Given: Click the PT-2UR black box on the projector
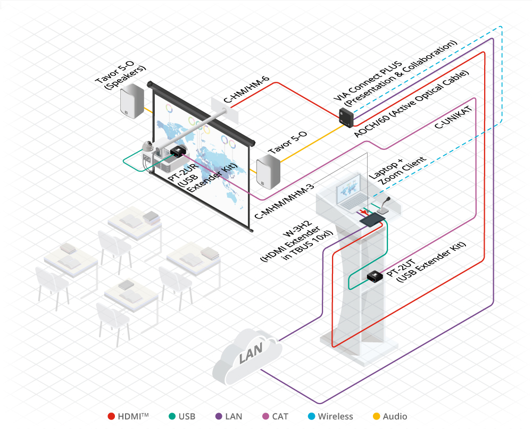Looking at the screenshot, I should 176,152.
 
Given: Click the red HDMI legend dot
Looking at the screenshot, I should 111,416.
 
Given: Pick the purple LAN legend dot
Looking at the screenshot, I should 220,416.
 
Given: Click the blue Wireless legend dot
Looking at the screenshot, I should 312,416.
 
